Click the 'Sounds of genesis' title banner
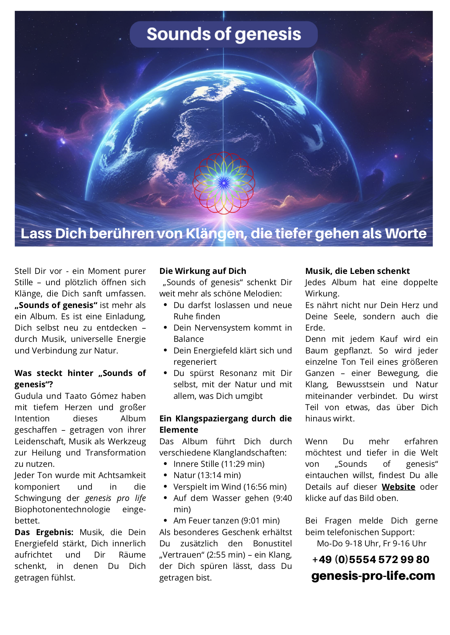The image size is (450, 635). [224, 34]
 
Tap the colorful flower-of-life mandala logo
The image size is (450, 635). [224, 183]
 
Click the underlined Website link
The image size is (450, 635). [398, 487]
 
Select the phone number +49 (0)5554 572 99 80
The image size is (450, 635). [371, 559]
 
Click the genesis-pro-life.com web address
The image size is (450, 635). [373, 576]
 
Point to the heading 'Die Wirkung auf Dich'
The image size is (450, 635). [202, 271]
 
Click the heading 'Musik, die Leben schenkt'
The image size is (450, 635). [357, 271]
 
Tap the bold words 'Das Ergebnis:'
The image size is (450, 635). [44, 532]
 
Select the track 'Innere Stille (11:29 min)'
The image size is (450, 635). [219, 464]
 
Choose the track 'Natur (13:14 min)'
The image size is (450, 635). [207, 475]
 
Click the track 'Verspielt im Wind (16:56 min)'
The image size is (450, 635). [230, 487]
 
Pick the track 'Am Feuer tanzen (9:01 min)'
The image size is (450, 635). [226, 521]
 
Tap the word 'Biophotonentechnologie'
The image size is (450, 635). [62, 509]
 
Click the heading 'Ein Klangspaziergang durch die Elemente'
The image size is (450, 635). [225, 424]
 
